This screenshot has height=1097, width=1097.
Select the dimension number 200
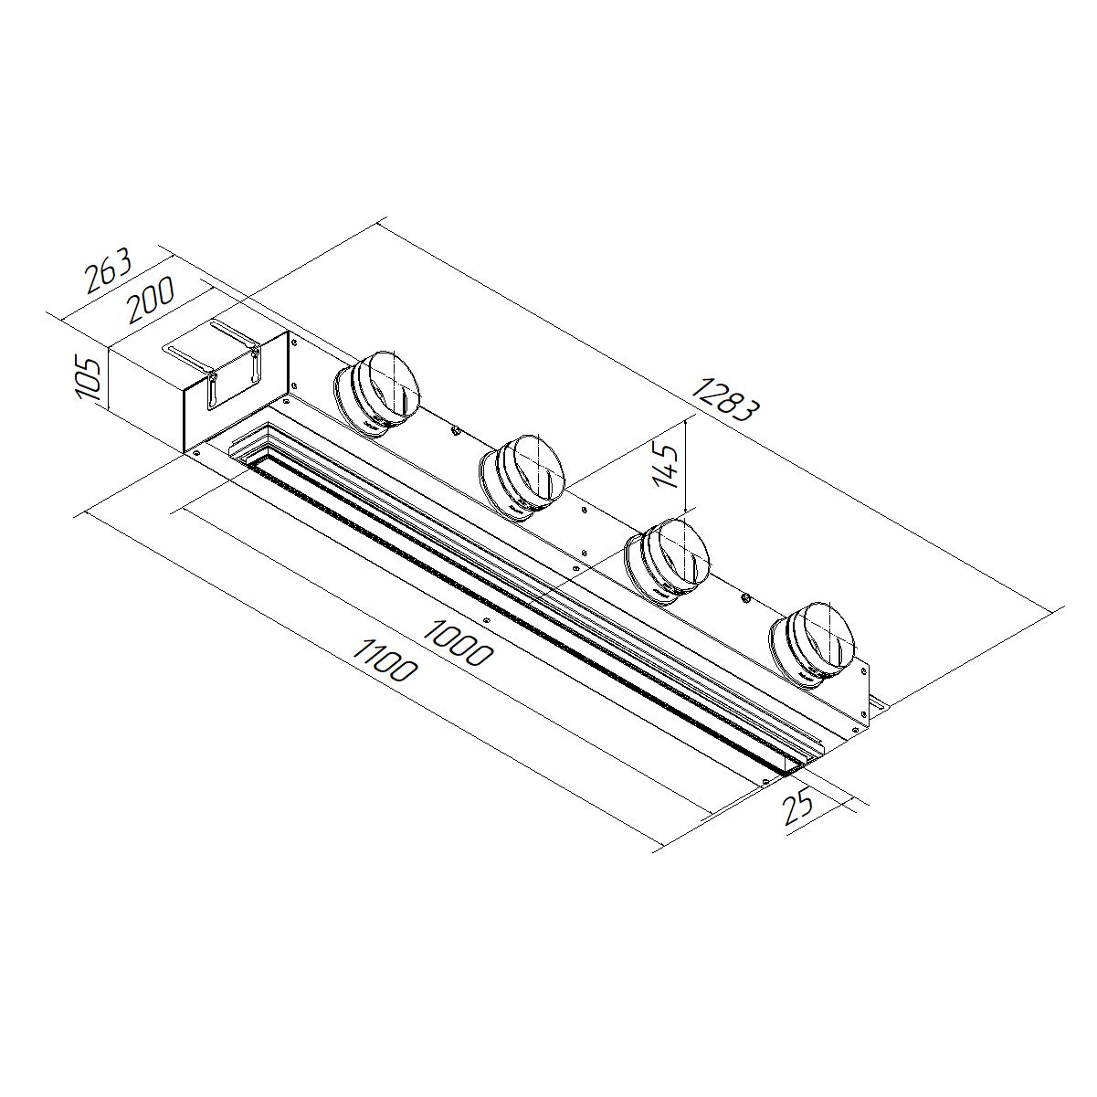[151, 300]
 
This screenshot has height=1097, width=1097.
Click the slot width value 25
[798, 808]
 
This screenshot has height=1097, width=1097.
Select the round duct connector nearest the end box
[376, 394]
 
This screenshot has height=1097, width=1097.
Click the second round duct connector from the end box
[521, 478]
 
